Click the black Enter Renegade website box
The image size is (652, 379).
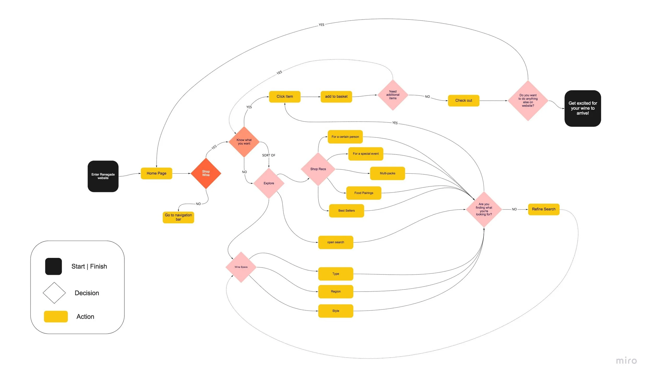click(x=103, y=176)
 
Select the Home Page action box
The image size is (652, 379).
click(x=156, y=173)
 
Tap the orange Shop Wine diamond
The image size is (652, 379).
click(x=206, y=173)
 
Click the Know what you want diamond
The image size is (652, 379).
click(x=244, y=142)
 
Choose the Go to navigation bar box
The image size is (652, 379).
click(x=178, y=217)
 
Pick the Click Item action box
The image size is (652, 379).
click(x=285, y=97)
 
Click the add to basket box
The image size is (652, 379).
click(x=336, y=97)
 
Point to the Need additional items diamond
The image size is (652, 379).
click(x=393, y=95)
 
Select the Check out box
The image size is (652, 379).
click(x=463, y=100)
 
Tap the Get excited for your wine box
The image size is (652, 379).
click(x=583, y=108)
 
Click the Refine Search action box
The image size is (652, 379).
click(x=544, y=209)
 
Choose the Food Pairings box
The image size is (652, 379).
click(x=364, y=193)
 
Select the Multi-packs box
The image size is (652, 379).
click(x=387, y=173)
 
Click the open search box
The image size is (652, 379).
click(x=335, y=242)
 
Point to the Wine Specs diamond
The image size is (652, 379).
click(x=241, y=267)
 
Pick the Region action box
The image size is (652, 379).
click(x=335, y=291)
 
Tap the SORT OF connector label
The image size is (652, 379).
click(x=269, y=155)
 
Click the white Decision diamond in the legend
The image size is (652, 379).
click(x=54, y=293)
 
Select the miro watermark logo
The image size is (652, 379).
click(x=626, y=361)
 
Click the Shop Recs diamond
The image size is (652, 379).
click(x=318, y=169)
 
